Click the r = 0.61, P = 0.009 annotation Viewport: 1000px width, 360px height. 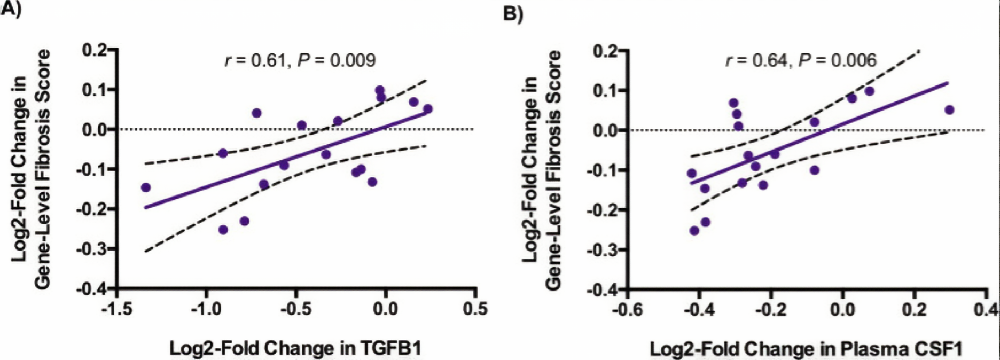300,60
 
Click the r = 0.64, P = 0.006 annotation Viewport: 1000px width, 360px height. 801,60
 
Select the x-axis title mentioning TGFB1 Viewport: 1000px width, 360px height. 295,348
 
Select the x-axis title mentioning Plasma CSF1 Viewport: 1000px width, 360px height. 806,349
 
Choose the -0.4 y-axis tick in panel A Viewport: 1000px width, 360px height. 91,288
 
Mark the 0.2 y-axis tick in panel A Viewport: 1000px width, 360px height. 94,50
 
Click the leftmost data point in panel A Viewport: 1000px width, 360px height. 145,187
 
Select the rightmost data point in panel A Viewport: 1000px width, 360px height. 427,109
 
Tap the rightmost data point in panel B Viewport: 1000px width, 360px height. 949,110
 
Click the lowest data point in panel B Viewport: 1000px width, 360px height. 694,231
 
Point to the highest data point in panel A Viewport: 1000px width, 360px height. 380,90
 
